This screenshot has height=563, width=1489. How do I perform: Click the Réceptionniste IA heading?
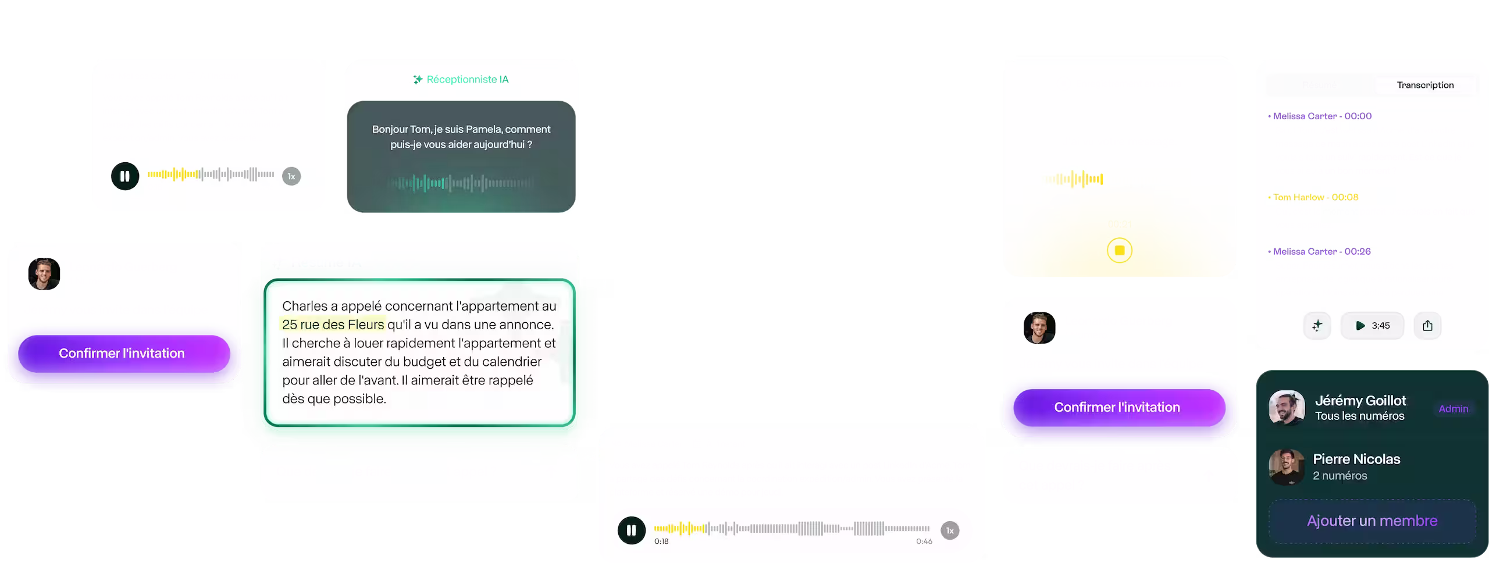point(467,80)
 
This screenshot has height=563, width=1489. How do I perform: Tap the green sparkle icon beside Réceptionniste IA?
point(418,80)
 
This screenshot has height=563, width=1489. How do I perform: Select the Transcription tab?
point(1425,85)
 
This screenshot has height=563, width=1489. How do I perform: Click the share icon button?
point(1427,326)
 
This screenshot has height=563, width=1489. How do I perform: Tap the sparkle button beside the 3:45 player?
point(1317,326)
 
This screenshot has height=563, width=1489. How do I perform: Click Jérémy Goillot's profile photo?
point(1287,408)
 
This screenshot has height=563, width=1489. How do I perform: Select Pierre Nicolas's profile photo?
point(1287,467)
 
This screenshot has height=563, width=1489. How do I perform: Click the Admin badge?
point(1453,409)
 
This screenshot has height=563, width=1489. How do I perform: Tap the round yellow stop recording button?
point(1120,251)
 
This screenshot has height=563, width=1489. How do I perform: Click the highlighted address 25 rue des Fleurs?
point(333,325)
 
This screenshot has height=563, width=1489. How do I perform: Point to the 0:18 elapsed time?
point(661,541)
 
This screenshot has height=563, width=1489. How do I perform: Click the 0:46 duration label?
point(924,541)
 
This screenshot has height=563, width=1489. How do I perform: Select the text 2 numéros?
point(1340,476)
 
